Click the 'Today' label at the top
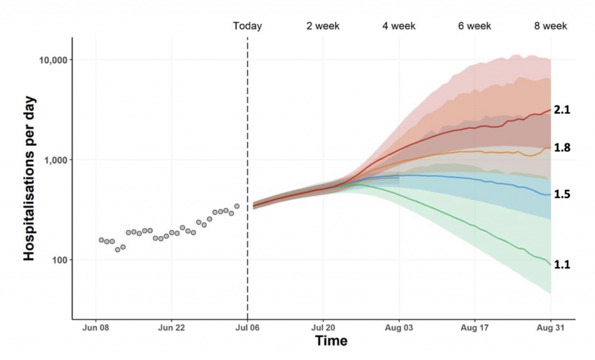click(248, 26)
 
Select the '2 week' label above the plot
click(323, 26)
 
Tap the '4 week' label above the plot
click(399, 26)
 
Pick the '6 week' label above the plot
click(475, 26)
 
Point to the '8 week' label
click(551, 26)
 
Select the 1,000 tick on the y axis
click(55, 160)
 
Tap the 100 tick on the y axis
click(59, 260)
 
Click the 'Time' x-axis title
click(331, 341)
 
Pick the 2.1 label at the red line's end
click(562, 109)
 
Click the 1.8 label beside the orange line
click(562, 148)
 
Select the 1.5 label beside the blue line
click(562, 195)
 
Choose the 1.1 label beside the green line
click(562, 265)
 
